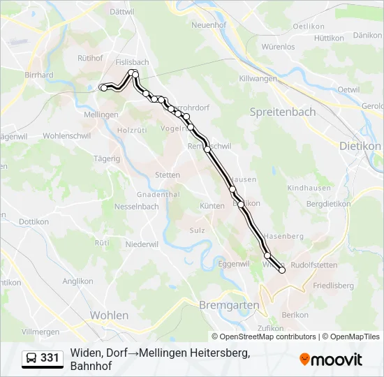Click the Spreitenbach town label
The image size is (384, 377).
(x=283, y=112)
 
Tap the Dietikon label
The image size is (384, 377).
(x=361, y=146)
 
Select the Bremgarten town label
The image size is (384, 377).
(x=229, y=305)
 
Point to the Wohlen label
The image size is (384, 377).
(x=109, y=315)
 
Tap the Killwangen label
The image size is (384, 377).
(x=258, y=79)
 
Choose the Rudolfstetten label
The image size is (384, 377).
(x=314, y=265)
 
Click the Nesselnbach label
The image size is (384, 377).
(x=136, y=207)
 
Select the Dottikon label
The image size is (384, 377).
(x=33, y=221)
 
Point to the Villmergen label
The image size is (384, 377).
(x=40, y=331)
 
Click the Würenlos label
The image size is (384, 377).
(x=278, y=47)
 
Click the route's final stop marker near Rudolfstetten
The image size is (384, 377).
(x=282, y=270)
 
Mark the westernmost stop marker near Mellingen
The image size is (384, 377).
(x=103, y=87)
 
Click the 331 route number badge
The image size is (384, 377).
(x=50, y=358)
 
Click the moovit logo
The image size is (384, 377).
(x=331, y=360)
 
